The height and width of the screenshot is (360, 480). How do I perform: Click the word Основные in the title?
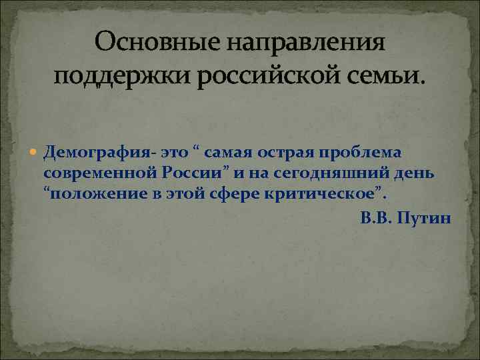click(x=155, y=45)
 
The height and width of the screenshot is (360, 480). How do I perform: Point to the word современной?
click(x=99, y=173)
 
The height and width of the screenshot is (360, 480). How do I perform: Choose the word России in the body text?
click(x=193, y=173)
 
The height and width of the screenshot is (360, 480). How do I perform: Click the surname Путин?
click(x=424, y=218)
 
